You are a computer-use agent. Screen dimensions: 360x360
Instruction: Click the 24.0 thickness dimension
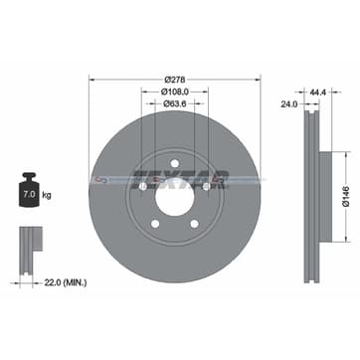click(x=290, y=101)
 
